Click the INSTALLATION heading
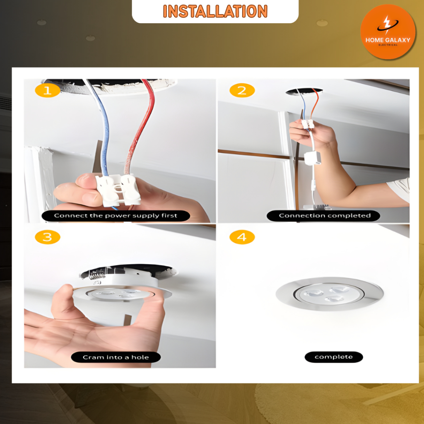[215, 11]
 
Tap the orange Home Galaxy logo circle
[388, 32]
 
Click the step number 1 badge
[48, 90]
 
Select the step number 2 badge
[242, 90]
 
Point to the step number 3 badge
[48, 237]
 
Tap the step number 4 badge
[242, 237]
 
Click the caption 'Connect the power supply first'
[116, 216]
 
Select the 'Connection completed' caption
[323, 216]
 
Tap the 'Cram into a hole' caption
[116, 357]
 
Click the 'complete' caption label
[334, 357]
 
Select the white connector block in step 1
[118, 190]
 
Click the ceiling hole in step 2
[304, 92]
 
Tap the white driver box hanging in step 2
[313, 158]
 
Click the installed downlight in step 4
[330, 294]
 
